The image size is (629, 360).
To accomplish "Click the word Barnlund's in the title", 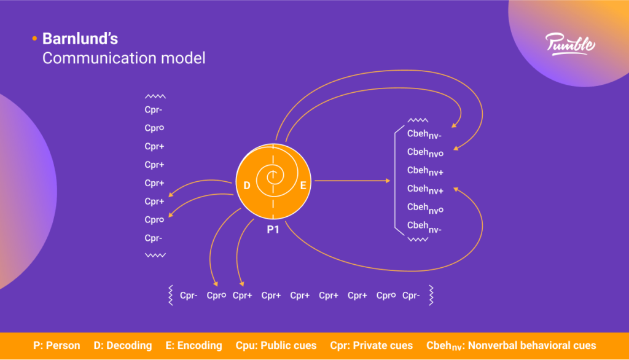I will [80, 39].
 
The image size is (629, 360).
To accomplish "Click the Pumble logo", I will [569, 45].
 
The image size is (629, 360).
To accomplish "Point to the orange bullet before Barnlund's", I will [34, 39].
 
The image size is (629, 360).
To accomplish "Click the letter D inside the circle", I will [247, 185].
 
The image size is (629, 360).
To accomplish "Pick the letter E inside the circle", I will [302, 185].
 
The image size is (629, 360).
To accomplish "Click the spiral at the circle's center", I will [273, 179].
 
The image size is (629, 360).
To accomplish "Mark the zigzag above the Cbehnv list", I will [418, 120].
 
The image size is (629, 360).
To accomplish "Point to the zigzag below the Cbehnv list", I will [418, 239].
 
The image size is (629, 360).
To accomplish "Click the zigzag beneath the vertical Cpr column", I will [155, 254].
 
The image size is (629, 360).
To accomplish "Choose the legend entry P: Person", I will [57, 345].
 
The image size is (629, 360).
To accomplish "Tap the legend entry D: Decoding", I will [123, 345].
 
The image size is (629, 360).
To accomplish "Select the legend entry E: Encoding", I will [193, 345].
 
